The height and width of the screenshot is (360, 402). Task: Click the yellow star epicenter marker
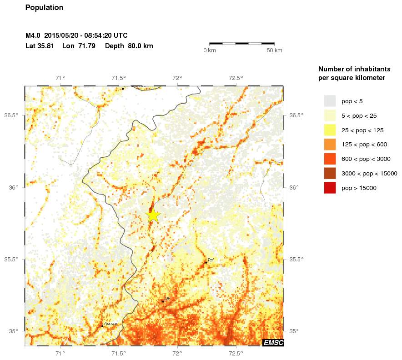tap(154, 215)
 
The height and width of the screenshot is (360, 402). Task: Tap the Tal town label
tap(211, 260)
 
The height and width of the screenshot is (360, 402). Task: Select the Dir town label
tap(167, 298)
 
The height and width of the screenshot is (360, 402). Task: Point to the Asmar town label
tap(111, 323)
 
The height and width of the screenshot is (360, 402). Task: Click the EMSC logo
tap(273, 343)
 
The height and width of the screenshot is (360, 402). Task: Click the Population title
tap(44, 8)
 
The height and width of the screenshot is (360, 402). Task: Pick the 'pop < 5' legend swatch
tap(330, 101)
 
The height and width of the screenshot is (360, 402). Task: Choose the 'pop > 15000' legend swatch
tap(330, 188)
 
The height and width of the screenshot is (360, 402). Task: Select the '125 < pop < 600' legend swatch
tap(330, 145)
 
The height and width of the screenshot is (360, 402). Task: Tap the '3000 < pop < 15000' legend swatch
tap(330, 173)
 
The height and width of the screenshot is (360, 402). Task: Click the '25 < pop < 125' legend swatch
tap(330, 130)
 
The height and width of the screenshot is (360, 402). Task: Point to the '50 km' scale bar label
tap(274, 50)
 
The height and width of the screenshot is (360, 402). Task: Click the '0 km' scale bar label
tap(209, 50)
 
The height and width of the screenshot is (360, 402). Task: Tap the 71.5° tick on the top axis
tap(119, 78)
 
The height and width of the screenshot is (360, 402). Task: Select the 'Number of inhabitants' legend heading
tap(354, 69)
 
